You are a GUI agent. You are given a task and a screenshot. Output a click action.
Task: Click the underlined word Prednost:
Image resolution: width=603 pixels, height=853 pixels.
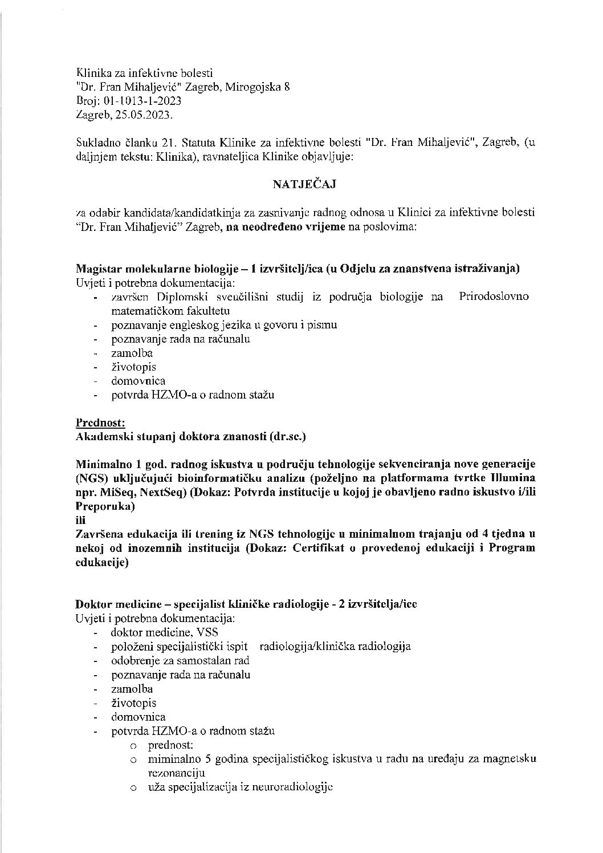(x=100, y=423)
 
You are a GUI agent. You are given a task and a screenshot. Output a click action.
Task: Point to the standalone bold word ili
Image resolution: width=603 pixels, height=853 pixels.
(x=81, y=520)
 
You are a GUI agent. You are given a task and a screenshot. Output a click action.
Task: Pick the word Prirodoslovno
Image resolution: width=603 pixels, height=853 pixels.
(x=494, y=297)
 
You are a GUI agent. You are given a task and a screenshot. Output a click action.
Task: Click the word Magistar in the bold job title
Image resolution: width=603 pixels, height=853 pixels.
(x=96, y=269)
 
